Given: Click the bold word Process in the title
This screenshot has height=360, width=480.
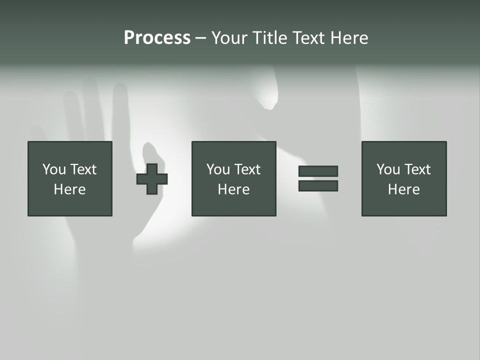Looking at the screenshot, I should point(157,38).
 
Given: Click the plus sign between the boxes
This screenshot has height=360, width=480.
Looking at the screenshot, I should point(152,179).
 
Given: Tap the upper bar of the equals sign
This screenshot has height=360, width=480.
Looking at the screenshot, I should point(318,171).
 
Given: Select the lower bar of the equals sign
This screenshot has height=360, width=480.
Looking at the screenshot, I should point(318,186).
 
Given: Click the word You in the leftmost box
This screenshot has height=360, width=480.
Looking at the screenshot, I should point(54,169).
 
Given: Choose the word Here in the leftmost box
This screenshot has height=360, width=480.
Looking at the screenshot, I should point(69,189).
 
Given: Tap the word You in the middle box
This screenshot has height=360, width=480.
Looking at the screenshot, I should point(218,169).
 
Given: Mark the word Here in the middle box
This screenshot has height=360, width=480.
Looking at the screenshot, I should point(233,189).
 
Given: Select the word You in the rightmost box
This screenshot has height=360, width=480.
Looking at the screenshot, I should point(388,169).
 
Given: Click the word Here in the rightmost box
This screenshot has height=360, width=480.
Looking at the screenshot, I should point(403,189).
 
